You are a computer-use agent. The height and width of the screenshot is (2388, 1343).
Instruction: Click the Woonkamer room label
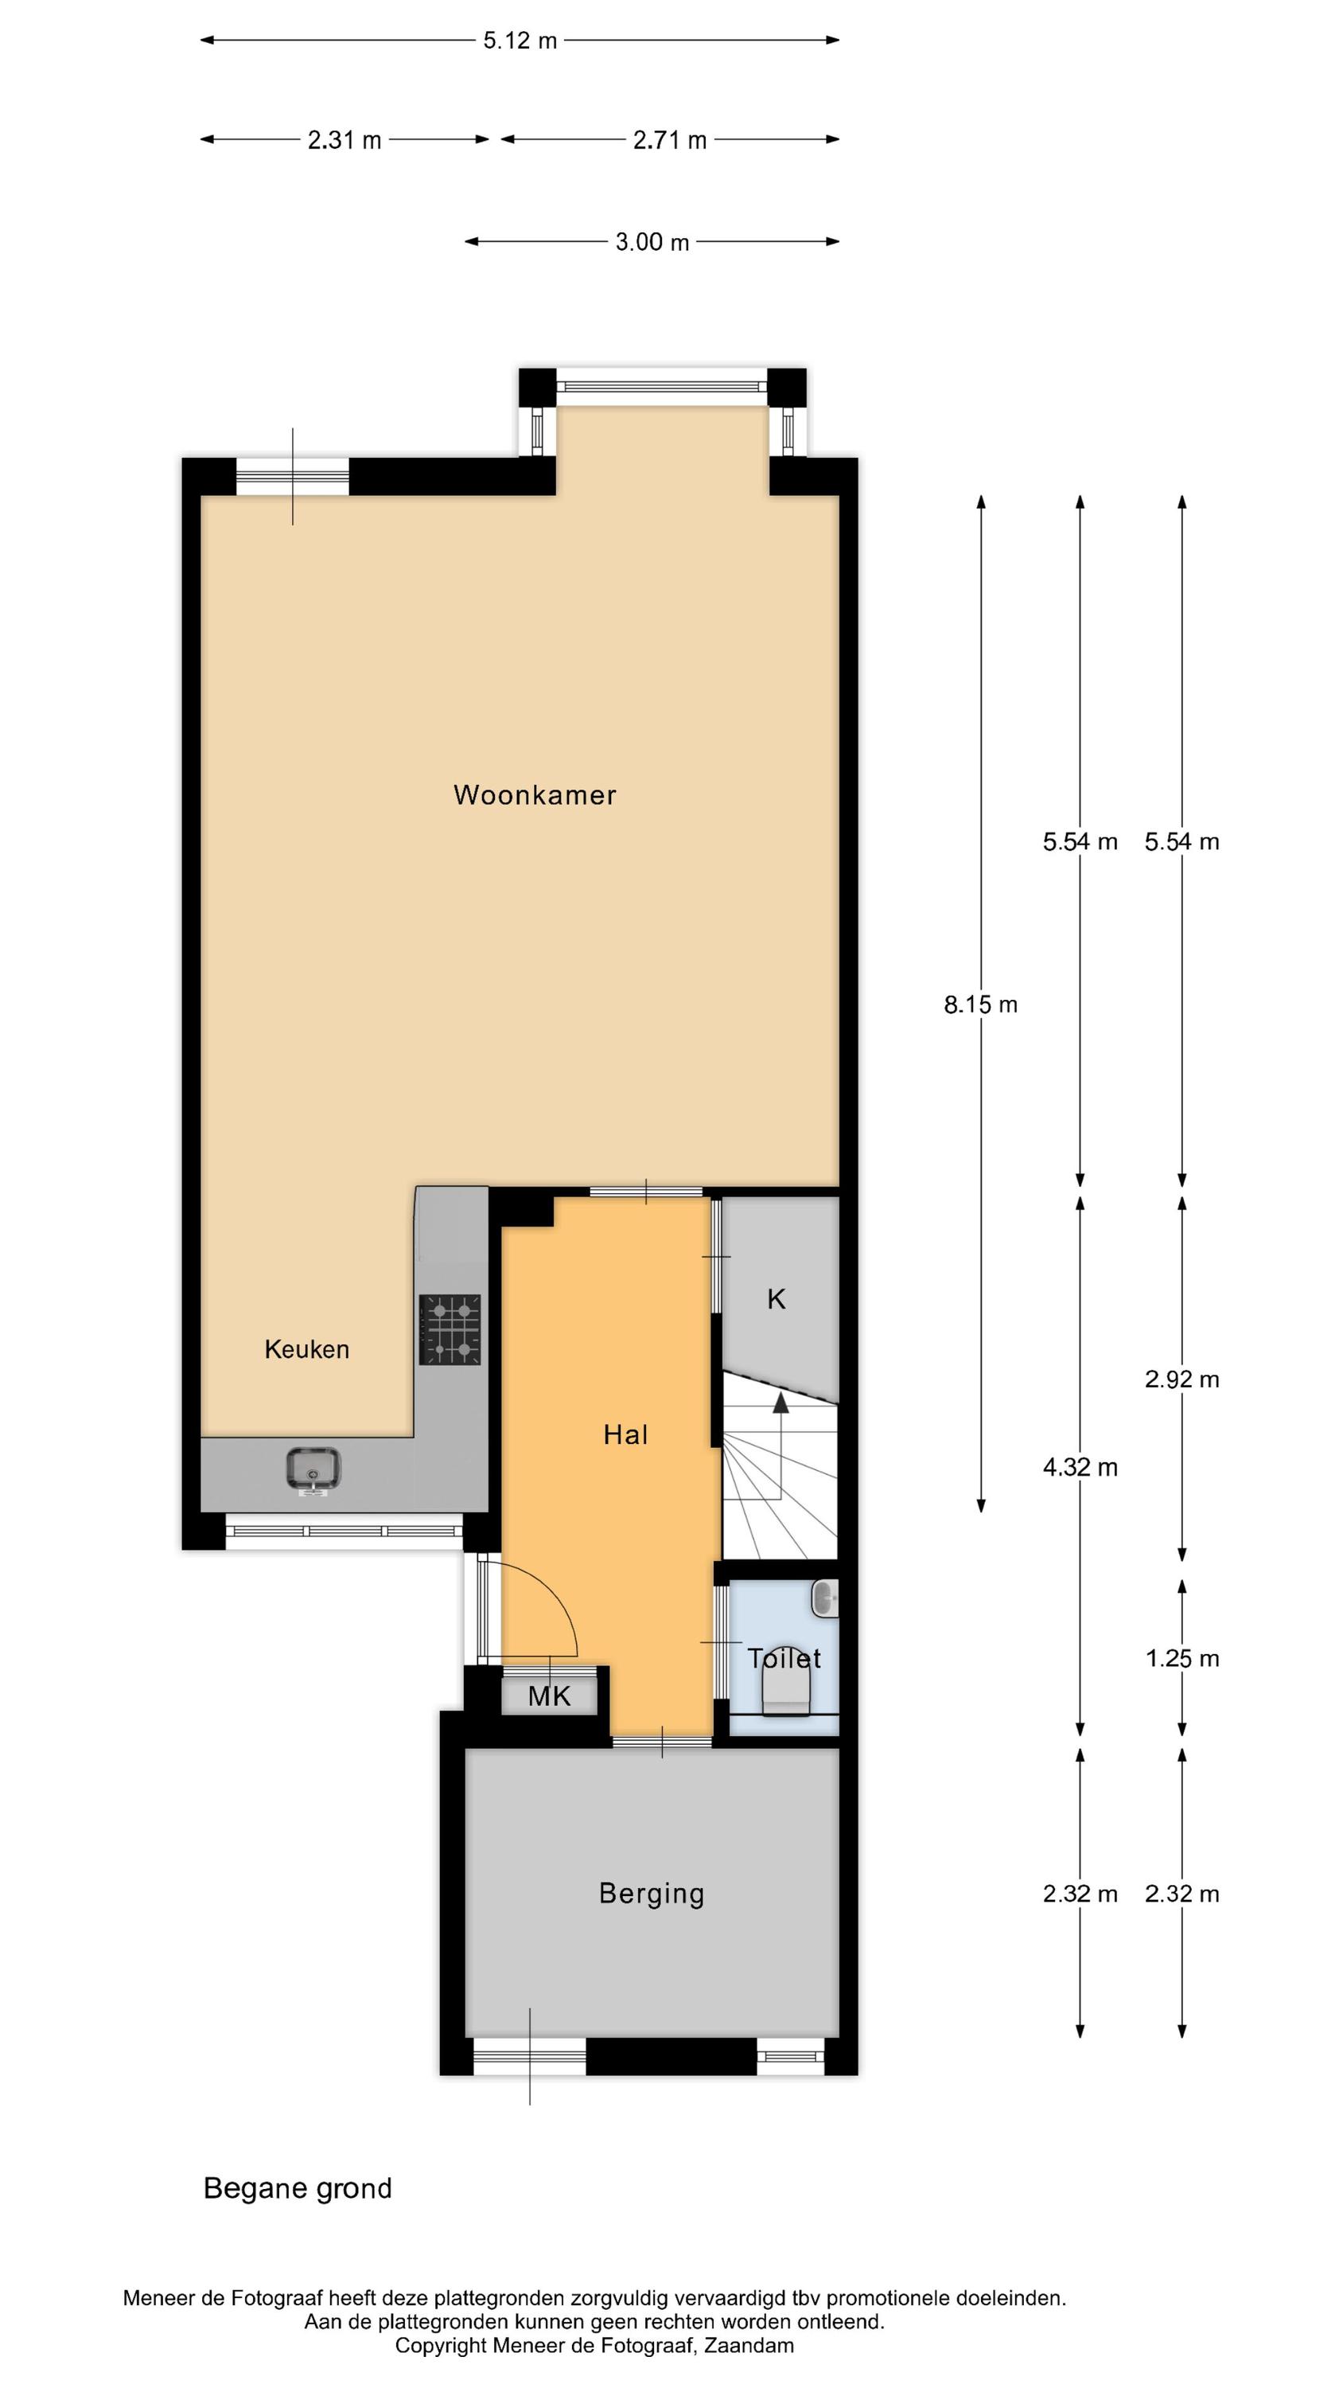coord(535,794)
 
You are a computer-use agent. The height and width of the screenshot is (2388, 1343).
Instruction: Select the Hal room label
coord(625,1435)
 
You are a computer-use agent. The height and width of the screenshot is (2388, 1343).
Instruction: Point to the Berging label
coord(652,1893)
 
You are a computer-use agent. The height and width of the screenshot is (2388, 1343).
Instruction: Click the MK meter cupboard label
coord(550,1696)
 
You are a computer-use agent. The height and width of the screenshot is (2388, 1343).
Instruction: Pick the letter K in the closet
coord(777,1299)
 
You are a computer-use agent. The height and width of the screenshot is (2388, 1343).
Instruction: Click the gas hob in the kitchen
coord(450,1329)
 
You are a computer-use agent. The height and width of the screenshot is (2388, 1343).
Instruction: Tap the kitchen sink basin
coord(313,1469)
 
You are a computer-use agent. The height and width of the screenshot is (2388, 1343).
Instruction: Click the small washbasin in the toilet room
coord(825,1598)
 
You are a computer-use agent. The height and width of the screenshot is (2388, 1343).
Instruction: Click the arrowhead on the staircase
coord(780,1402)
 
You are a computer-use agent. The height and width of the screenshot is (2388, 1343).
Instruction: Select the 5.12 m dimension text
coord(520,41)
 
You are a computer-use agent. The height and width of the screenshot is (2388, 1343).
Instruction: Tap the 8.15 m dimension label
coord(981,1004)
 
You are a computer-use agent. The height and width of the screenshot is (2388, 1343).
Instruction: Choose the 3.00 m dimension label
coord(652,242)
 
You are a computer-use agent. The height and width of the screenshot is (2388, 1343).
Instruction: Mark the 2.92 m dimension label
coord(1181,1379)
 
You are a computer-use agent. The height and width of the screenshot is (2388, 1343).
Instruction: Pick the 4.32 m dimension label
coord(1080,1468)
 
